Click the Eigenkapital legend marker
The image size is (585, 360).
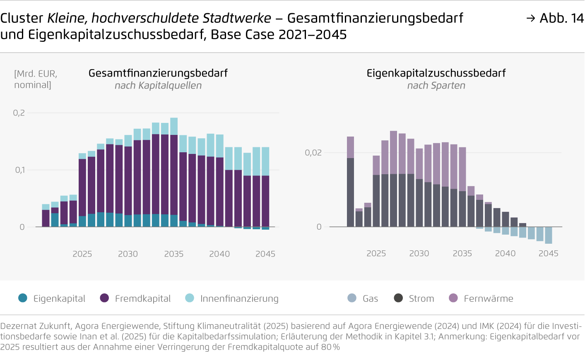click(23, 298)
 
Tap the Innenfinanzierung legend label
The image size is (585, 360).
click(239, 298)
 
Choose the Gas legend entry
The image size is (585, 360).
click(363, 298)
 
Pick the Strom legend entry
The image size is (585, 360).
click(414, 298)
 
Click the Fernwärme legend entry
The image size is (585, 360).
click(481, 298)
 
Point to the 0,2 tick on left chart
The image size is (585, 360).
click(19, 113)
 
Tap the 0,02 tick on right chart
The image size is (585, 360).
click(313, 153)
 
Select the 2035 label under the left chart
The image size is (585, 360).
click(173, 254)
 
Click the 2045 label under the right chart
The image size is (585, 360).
click(548, 253)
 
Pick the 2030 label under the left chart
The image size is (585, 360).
click(128, 254)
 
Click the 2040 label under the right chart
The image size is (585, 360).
click(505, 253)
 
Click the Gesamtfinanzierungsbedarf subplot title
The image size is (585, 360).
click(158, 73)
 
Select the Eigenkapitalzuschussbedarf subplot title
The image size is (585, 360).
click(436, 73)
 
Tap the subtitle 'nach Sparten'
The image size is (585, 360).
click(436, 86)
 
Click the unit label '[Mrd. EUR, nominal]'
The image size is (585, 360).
click(36, 79)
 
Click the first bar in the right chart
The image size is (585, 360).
click(350, 182)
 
